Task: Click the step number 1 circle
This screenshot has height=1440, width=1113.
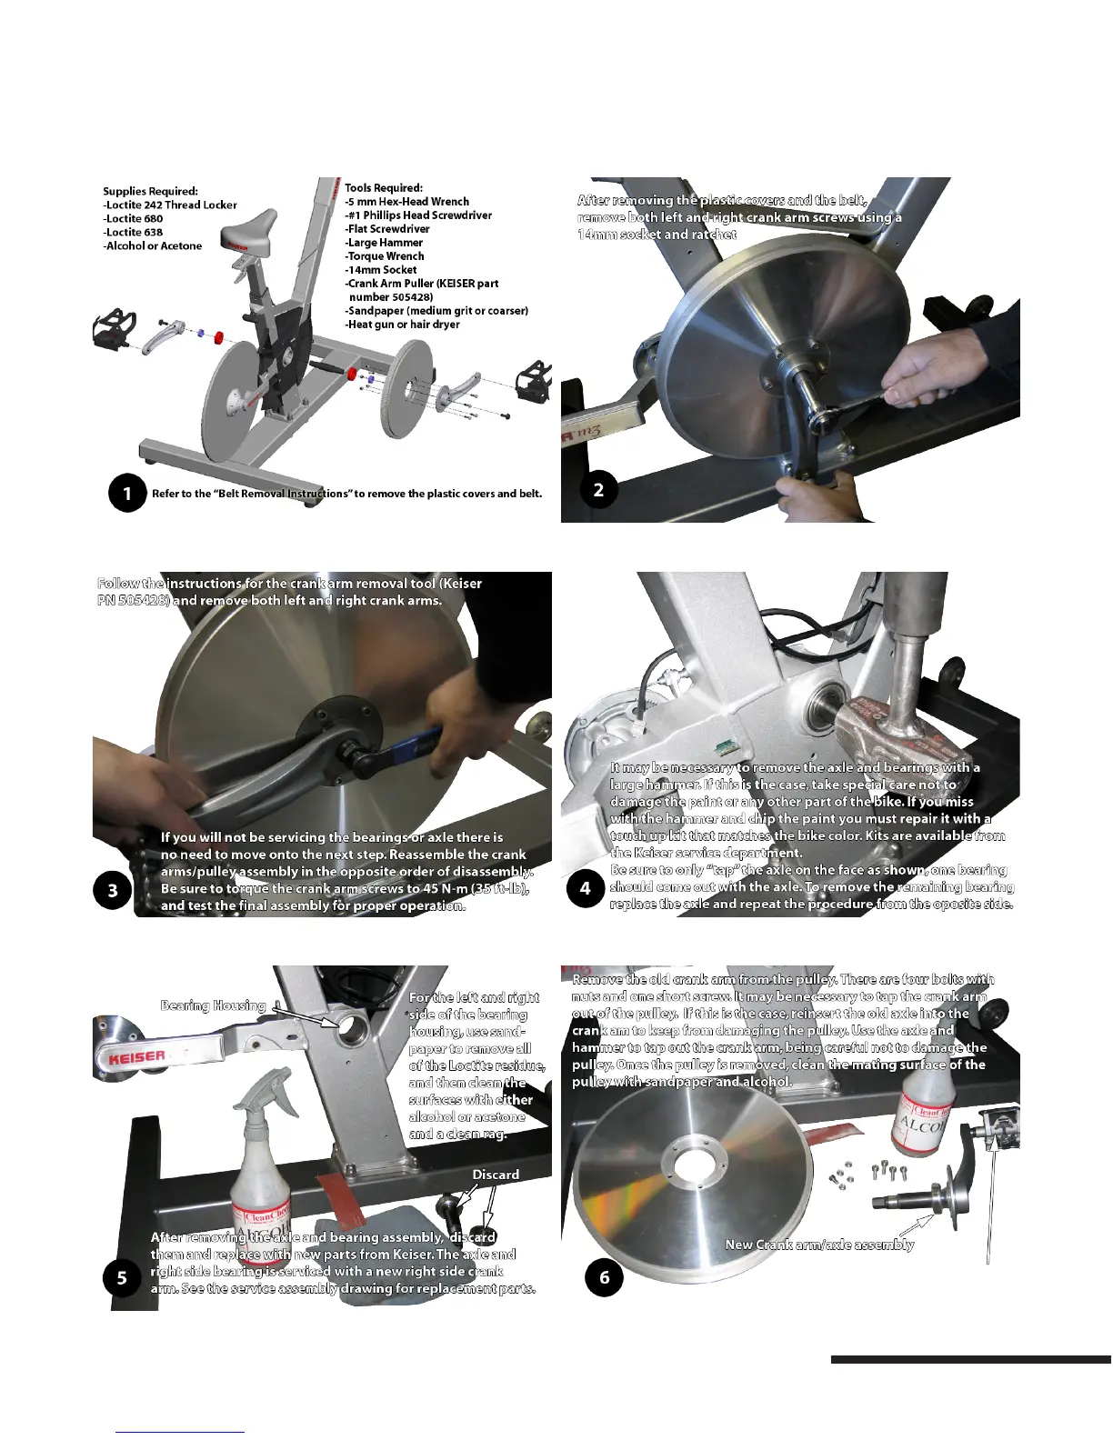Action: coord(127,493)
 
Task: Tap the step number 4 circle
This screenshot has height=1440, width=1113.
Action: coord(585,888)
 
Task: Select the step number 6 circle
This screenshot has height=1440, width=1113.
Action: coord(604,1277)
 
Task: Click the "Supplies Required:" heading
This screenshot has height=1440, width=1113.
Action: coord(150,191)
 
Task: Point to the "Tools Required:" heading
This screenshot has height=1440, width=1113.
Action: coord(384,188)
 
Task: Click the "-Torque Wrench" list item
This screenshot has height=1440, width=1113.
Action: coord(385,256)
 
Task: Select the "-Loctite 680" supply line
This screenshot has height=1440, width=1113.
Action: coord(133,218)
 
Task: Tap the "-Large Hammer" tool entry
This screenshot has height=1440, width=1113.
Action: coord(384,243)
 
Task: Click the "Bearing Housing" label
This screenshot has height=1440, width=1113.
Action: coord(213,1005)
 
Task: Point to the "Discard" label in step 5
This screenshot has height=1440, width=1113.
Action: coord(496,1175)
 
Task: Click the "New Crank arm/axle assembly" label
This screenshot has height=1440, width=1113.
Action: coord(819,1245)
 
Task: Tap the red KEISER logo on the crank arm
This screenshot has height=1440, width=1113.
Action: coord(137,1057)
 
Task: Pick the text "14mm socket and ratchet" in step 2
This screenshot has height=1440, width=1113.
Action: coord(657,235)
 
